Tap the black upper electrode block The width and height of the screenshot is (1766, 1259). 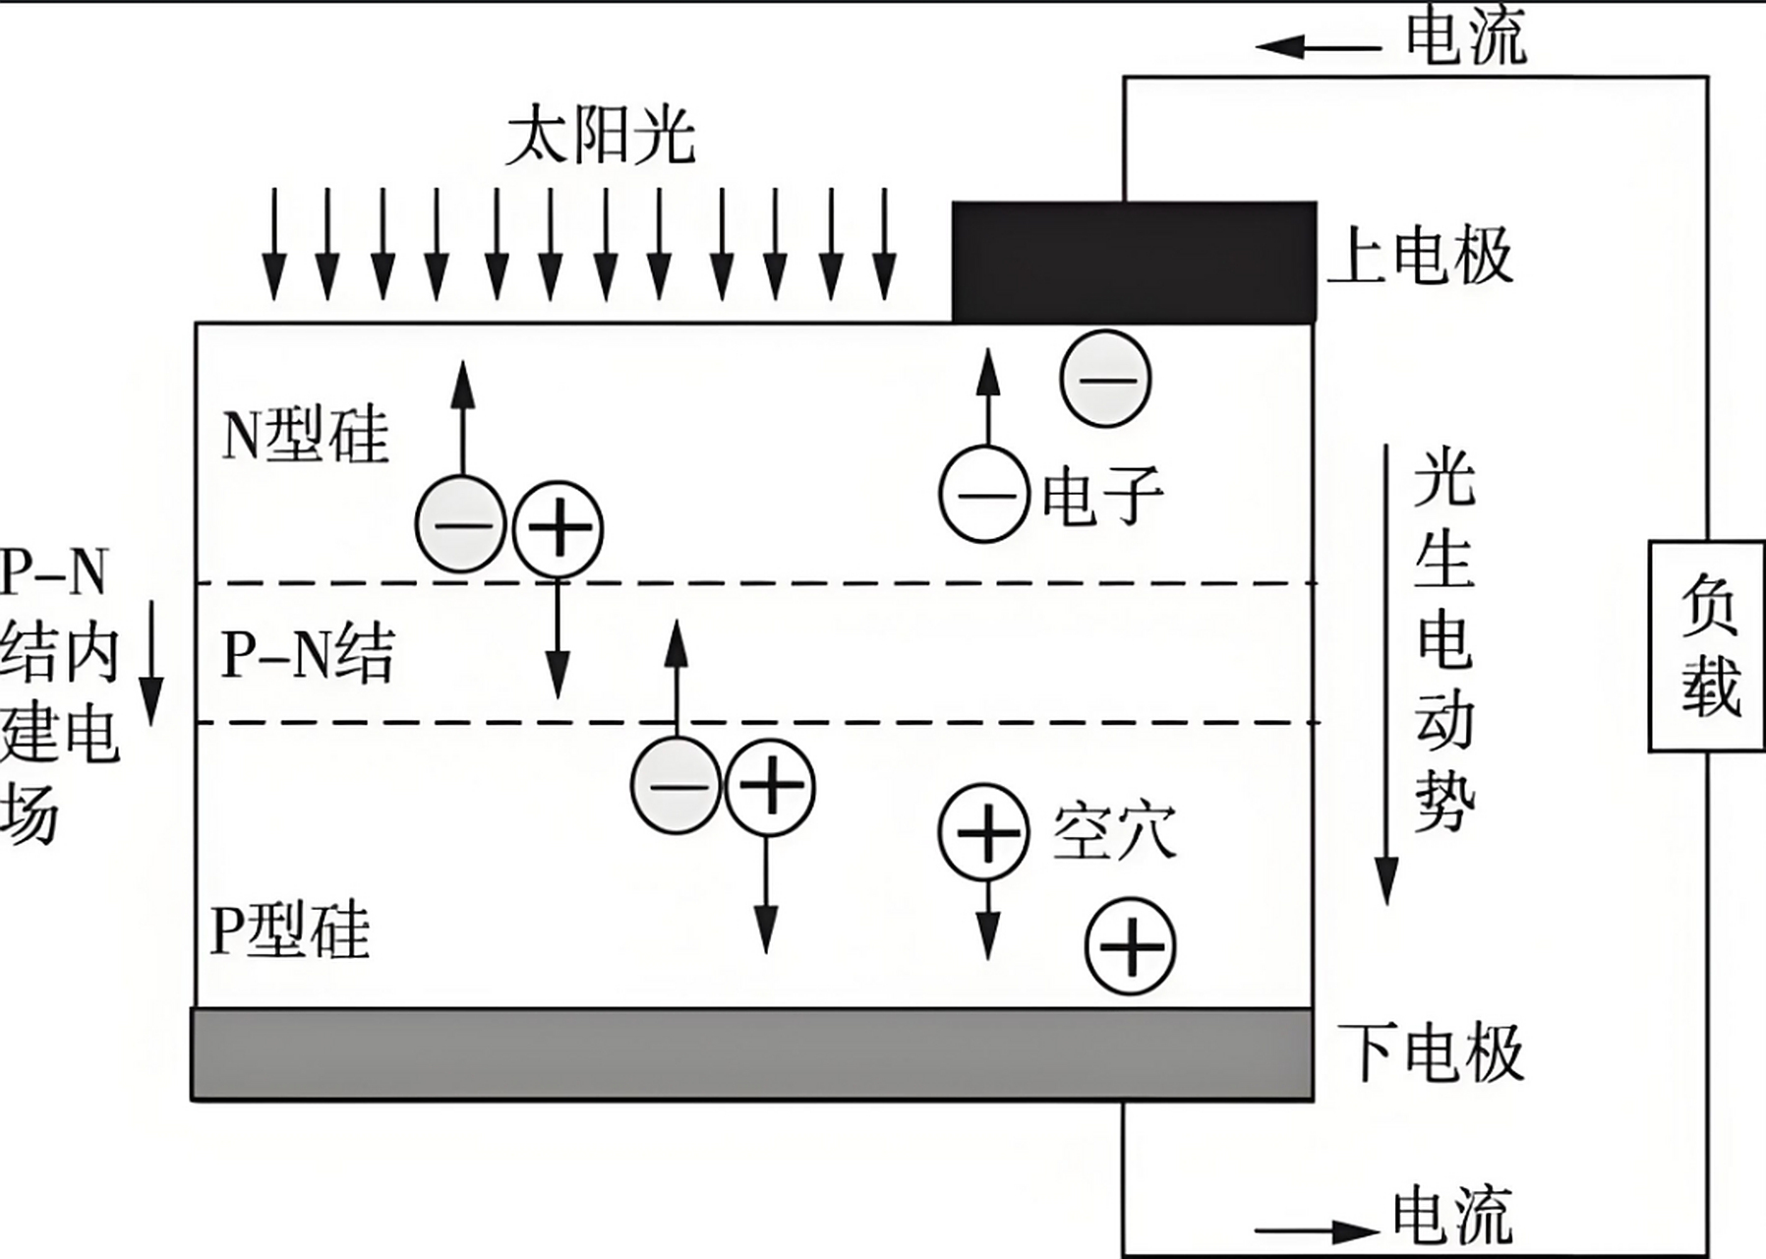(x=1134, y=262)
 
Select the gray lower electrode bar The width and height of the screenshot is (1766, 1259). (x=752, y=1053)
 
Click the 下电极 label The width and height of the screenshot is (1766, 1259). (x=1431, y=1052)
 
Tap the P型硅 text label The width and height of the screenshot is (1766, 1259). (x=290, y=929)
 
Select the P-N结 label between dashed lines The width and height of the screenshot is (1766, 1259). (x=308, y=653)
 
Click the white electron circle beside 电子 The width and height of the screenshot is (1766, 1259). (x=984, y=495)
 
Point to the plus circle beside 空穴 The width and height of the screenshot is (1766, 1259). (x=984, y=832)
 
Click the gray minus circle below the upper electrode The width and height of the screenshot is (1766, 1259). (x=1105, y=379)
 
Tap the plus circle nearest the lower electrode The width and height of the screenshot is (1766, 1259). (x=1131, y=946)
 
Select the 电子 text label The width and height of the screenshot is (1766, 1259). (x=1102, y=495)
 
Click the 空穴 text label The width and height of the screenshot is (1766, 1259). (x=1114, y=832)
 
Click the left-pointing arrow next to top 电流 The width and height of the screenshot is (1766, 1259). (x=1318, y=46)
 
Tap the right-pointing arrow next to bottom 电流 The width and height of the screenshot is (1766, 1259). (x=1318, y=1230)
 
